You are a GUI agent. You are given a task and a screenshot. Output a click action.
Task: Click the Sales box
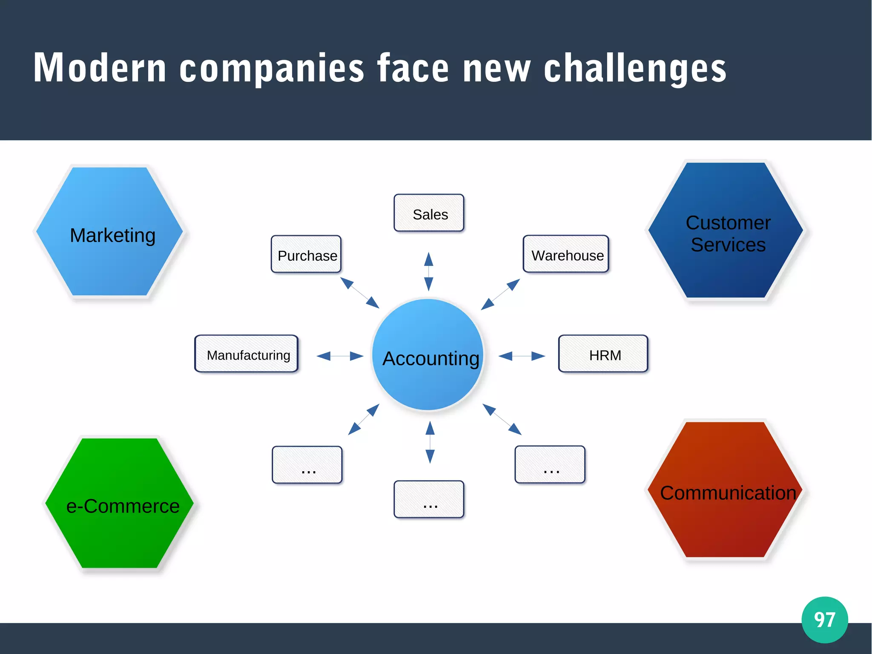(x=429, y=213)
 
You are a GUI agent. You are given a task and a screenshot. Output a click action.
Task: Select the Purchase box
(x=306, y=254)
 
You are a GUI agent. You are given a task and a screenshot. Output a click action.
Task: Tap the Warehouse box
(x=566, y=254)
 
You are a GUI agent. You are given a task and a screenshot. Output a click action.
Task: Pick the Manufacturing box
(x=247, y=354)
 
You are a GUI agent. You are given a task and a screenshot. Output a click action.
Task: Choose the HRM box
(x=603, y=354)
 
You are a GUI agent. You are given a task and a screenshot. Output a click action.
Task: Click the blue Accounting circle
(x=428, y=354)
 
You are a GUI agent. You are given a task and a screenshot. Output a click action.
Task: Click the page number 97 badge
(x=824, y=619)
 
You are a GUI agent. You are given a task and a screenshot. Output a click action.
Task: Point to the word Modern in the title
(x=100, y=68)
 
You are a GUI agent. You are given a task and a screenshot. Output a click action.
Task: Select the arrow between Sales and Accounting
(x=429, y=271)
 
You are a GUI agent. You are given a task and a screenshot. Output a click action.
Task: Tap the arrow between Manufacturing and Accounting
(x=340, y=356)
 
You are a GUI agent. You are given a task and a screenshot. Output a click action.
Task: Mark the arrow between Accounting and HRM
(x=522, y=356)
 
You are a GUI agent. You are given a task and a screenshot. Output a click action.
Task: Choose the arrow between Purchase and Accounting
(x=360, y=293)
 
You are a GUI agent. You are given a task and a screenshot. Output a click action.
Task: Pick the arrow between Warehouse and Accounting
(x=500, y=294)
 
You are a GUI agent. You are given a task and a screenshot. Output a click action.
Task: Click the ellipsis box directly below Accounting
(x=429, y=499)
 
